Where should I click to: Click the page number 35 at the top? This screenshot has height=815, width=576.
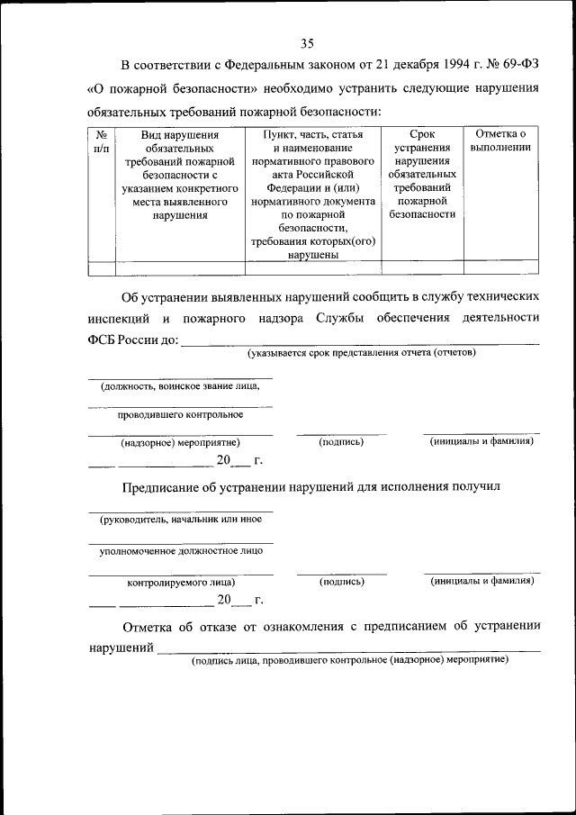tap(307, 43)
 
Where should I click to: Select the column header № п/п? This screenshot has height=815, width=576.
tap(102, 140)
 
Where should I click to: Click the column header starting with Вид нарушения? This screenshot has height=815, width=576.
tap(179, 175)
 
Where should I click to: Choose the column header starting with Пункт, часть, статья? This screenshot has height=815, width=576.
tap(312, 194)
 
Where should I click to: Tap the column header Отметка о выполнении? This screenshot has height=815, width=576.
tap(500, 140)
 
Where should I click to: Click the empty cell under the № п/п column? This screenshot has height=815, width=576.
tap(102, 267)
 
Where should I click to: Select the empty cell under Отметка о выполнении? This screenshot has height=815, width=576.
tap(500, 267)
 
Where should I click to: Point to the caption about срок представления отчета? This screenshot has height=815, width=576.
tap(362, 352)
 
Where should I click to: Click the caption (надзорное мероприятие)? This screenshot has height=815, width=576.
tap(180, 442)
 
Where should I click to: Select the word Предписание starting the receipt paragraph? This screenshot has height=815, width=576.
tap(165, 486)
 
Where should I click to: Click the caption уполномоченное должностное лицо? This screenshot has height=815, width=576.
tap(180, 549)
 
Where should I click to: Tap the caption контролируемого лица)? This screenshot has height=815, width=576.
tap(181, 582)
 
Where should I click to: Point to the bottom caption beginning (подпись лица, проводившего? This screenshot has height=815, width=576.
tap(350, 659)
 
